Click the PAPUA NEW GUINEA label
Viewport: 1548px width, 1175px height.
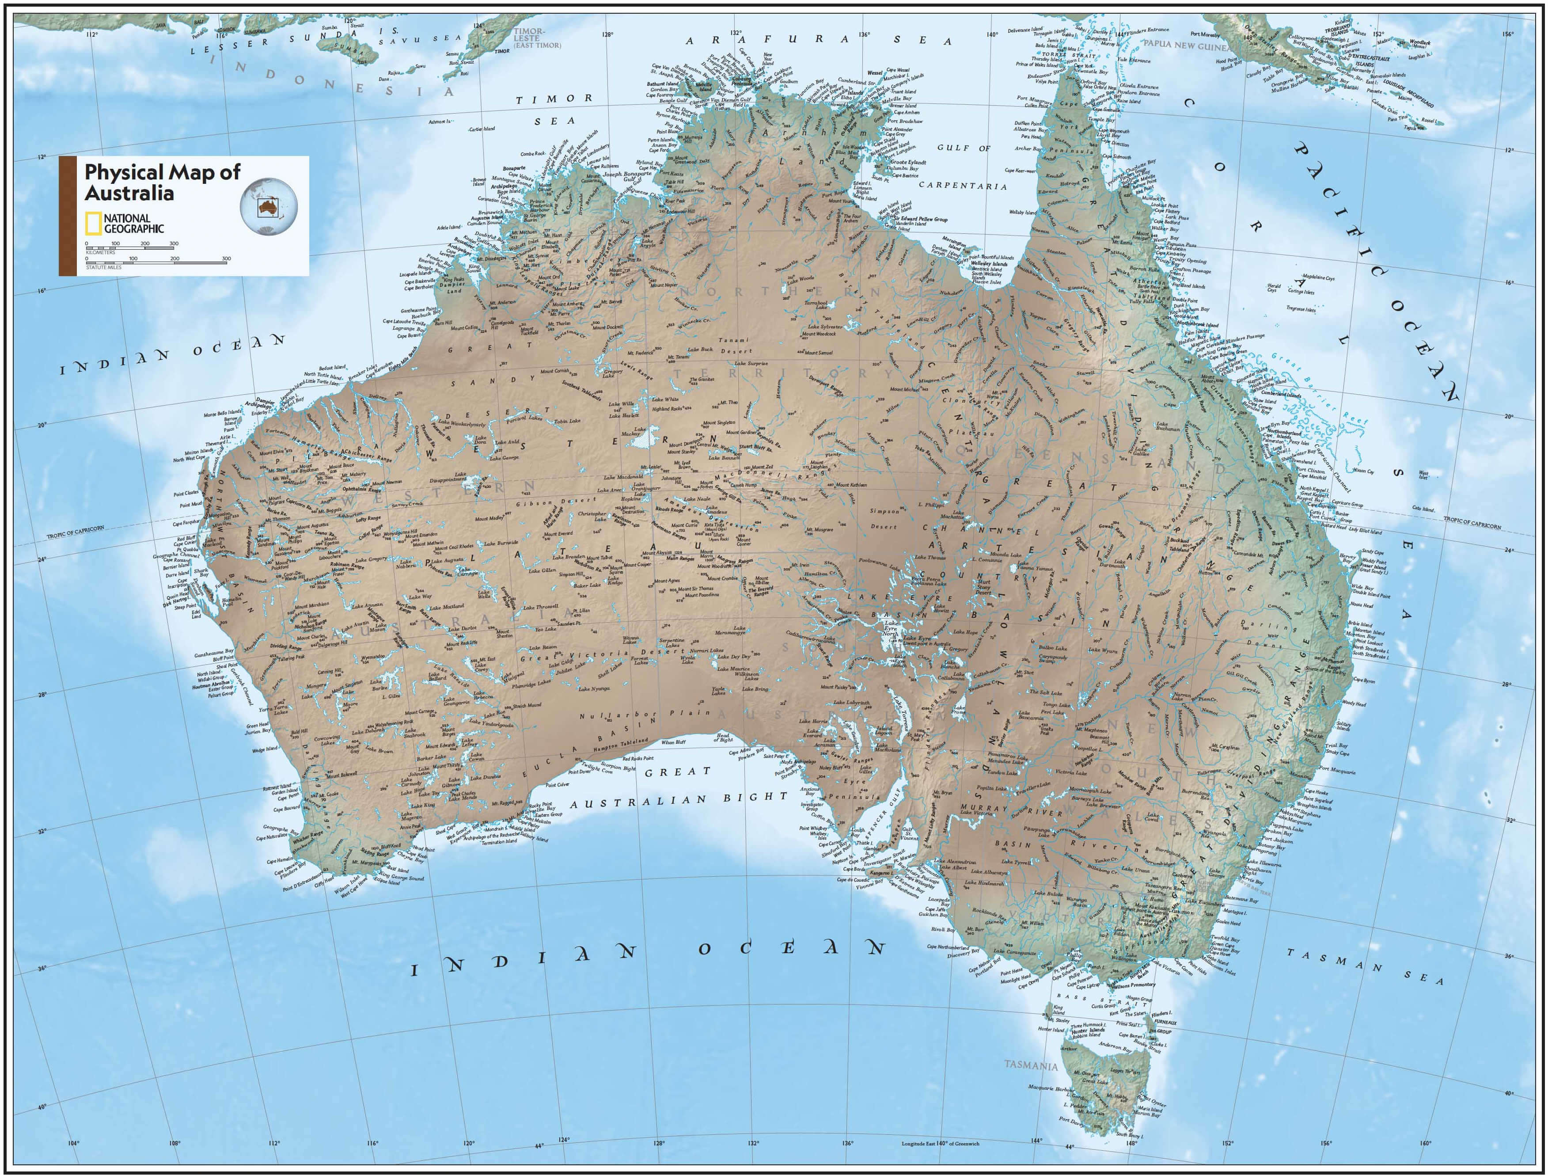click(x=1185, y=45)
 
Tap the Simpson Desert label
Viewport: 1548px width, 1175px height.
click(x=884, y=519)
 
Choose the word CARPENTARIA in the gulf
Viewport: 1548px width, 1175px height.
click(x=962, y=186)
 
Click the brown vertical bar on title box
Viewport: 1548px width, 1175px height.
click(x=67, y=216)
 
